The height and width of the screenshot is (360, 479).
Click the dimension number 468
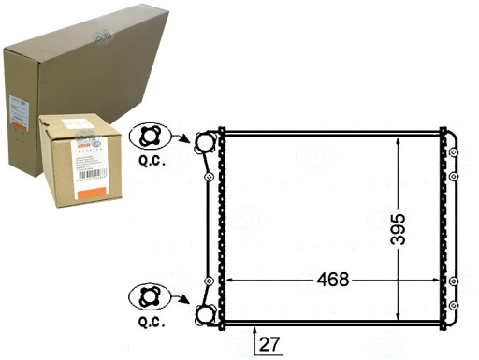(x=332, y=279)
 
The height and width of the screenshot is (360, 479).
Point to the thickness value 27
(x=269, y=344)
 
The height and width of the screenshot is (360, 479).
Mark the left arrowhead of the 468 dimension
(x=231, y=280)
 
